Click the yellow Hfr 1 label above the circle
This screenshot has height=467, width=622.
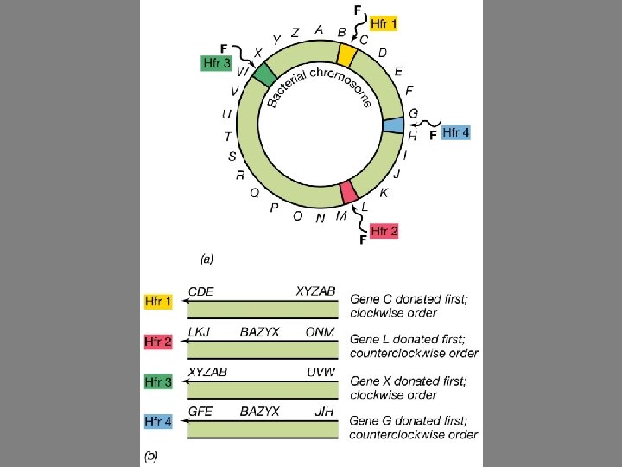[x=384, y=24]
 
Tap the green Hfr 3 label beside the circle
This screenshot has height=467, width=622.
[x=216, y=63]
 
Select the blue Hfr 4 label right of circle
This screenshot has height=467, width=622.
[x=455, y=132]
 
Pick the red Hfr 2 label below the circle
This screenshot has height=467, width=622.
[x=384, y=231]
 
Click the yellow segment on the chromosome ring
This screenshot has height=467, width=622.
[x=346, y=55]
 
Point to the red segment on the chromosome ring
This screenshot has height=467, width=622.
[x=349, y=191]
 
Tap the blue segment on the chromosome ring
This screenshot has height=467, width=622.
[x=393, y=126]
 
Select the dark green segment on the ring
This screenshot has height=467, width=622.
[x=264, y=74]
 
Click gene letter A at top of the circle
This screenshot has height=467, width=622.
[x=320, y=29]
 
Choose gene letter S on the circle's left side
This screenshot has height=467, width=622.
[x=232, y=157]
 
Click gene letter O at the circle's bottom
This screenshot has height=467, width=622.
[x=297, y=215]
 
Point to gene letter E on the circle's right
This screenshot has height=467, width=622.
[x=398, y=71]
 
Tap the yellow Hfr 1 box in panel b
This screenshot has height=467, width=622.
[x=158, y=302]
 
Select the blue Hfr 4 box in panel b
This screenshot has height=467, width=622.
[x=158, y=422]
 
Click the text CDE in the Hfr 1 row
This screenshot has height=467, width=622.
[x=201, y=291]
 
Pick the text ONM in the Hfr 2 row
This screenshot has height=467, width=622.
[x=320, y=331]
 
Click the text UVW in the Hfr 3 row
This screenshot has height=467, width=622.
[x=321, y=371]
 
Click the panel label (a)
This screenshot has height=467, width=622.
[x=207, y=258]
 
